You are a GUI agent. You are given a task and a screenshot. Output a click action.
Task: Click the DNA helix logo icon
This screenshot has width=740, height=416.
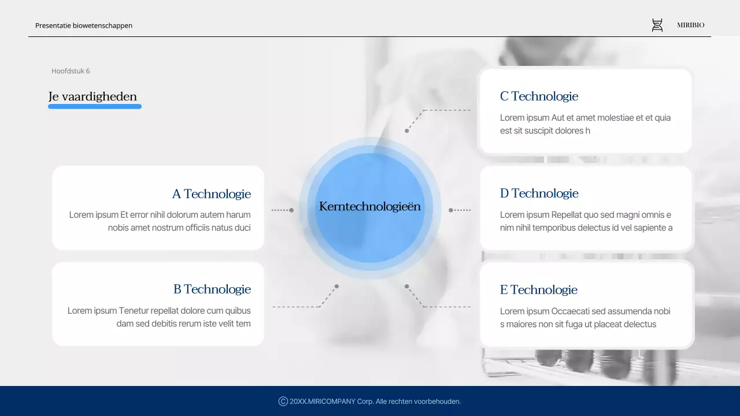(x=657, y=25)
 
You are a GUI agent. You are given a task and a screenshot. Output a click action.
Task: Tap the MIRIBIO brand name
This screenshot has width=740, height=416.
(x=690, y=25)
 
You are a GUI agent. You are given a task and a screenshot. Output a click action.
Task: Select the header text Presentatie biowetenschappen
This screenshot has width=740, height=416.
(x=84, y=25)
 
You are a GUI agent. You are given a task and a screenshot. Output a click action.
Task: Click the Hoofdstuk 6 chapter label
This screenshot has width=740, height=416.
(x=71, y=71)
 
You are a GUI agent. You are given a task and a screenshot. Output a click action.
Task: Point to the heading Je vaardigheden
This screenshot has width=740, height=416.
(x=92, y=96)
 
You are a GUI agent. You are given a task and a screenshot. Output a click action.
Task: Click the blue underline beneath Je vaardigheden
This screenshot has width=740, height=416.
(x=95, y=106)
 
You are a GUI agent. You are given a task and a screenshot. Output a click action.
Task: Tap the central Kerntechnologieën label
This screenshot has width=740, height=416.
(x=370, y=206)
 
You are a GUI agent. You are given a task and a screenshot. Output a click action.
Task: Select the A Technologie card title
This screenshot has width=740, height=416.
(x=212, y=194)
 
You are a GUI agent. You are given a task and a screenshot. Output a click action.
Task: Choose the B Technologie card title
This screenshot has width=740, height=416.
(x=212, y=289)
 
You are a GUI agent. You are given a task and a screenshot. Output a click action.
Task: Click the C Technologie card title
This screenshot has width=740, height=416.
(x=539, y=96)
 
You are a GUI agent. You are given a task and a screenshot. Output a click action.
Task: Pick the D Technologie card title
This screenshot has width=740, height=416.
(x=539, y=193)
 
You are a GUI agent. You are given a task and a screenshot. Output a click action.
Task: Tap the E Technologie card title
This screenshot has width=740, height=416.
(x=538, y=289)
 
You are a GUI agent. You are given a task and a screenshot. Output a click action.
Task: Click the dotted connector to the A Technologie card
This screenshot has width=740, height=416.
(x=282, y=210)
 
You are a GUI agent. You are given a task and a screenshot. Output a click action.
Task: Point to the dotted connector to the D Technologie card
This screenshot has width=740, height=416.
(x=460, y=210)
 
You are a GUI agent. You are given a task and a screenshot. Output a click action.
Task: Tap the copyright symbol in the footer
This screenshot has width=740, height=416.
(x=283, y=402)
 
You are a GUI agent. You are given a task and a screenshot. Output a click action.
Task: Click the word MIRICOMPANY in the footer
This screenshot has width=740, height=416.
(x=332, y=402)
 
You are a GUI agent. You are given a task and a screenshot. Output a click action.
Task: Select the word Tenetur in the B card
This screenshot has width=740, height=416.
(x=137, y=311)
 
